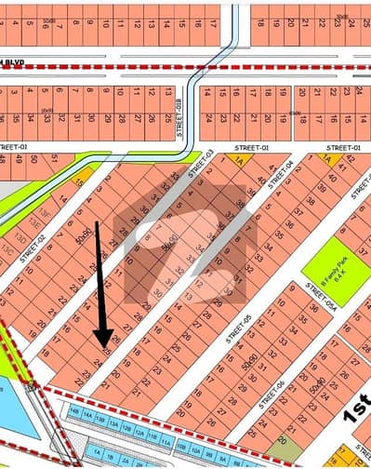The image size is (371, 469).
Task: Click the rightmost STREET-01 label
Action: [344, 148]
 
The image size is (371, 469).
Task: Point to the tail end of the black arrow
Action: [98, 223]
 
